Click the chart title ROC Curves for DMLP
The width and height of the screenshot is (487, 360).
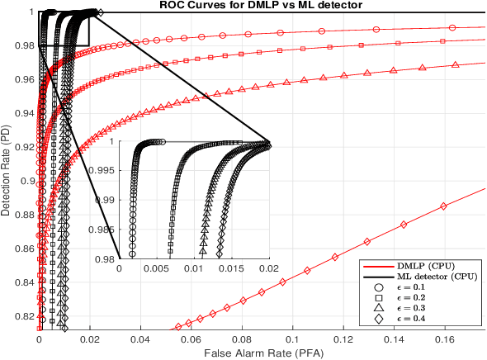click(x=262, y=5)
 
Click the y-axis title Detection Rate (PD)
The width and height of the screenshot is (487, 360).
click(x=6, y=171)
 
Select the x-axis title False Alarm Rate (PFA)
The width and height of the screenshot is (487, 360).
click(x=262, y=353)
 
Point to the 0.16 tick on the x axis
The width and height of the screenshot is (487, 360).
click(x=444, y=339)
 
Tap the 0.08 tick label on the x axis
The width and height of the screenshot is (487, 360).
click(x=241, y=339)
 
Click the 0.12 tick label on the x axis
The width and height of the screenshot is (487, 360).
click(x=343, y=339)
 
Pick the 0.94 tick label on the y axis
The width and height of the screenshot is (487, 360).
click(x=23, y=113)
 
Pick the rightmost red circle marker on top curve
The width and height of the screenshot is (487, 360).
click(x=452, y=28)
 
